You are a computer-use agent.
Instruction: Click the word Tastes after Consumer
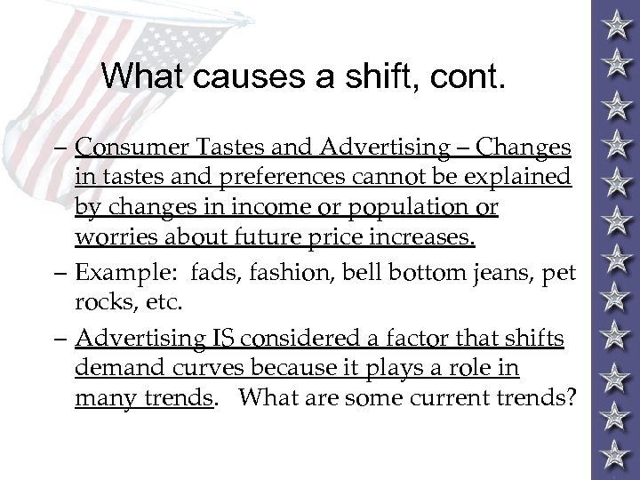tap(218, 145)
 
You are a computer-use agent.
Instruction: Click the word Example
tap(114, 275)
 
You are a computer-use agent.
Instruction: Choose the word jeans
tap(506, 275)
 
